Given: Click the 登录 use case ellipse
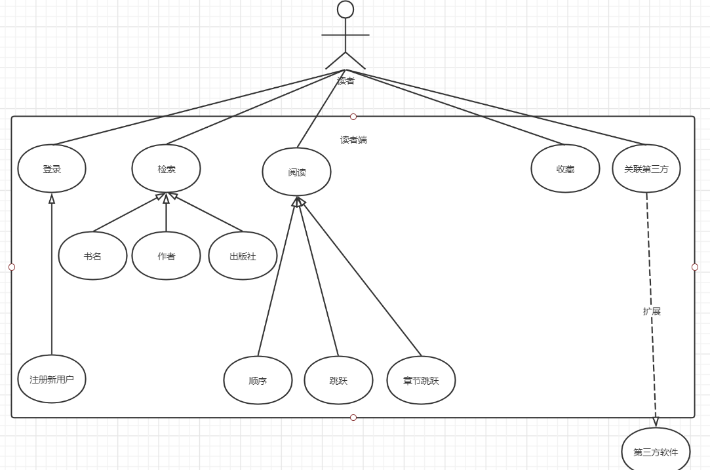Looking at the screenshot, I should (x=52, y=168).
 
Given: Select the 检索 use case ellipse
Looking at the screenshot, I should (x=166, y=168).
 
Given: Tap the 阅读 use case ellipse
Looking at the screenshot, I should (x=296, y=172).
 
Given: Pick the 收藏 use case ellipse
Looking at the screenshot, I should (x=565, y=168).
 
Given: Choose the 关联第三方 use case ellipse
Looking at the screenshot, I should (x=646, y=168).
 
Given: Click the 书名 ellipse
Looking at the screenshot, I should (x=92, y=256).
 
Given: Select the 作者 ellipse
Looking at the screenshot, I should (x=166, y=256).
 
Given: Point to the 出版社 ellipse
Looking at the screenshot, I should (x=243, y=256).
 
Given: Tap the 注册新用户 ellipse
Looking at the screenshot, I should (x=52, y=379).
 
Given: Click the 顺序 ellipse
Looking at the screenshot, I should (x=258, y=380).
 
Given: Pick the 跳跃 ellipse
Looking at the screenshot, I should (x=338, y=380).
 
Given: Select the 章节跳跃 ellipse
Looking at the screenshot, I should (x=421, y=380).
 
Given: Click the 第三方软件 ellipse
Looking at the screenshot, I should (x=656, y=452).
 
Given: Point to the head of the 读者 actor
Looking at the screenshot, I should (x=345, y=9).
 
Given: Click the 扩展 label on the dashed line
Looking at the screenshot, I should (x=652, y=311).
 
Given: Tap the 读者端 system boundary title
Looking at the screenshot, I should (x=353, y=140).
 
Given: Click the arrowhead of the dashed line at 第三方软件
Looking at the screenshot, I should (x=656, y=423).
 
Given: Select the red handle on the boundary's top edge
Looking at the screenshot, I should (x=353, y=117).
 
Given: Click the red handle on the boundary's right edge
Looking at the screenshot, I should (x=695, y=267).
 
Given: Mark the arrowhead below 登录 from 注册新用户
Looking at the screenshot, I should (x=52, y=198).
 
